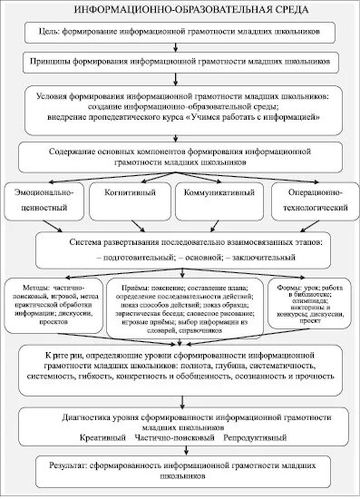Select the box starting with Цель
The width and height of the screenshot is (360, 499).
point(180,31)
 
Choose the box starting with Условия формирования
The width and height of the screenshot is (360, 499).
point(180,104)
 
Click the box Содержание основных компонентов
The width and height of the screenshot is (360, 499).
point(180,151)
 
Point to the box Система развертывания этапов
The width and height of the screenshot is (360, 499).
point(180,251)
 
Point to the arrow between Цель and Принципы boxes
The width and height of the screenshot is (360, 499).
point(180,48)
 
